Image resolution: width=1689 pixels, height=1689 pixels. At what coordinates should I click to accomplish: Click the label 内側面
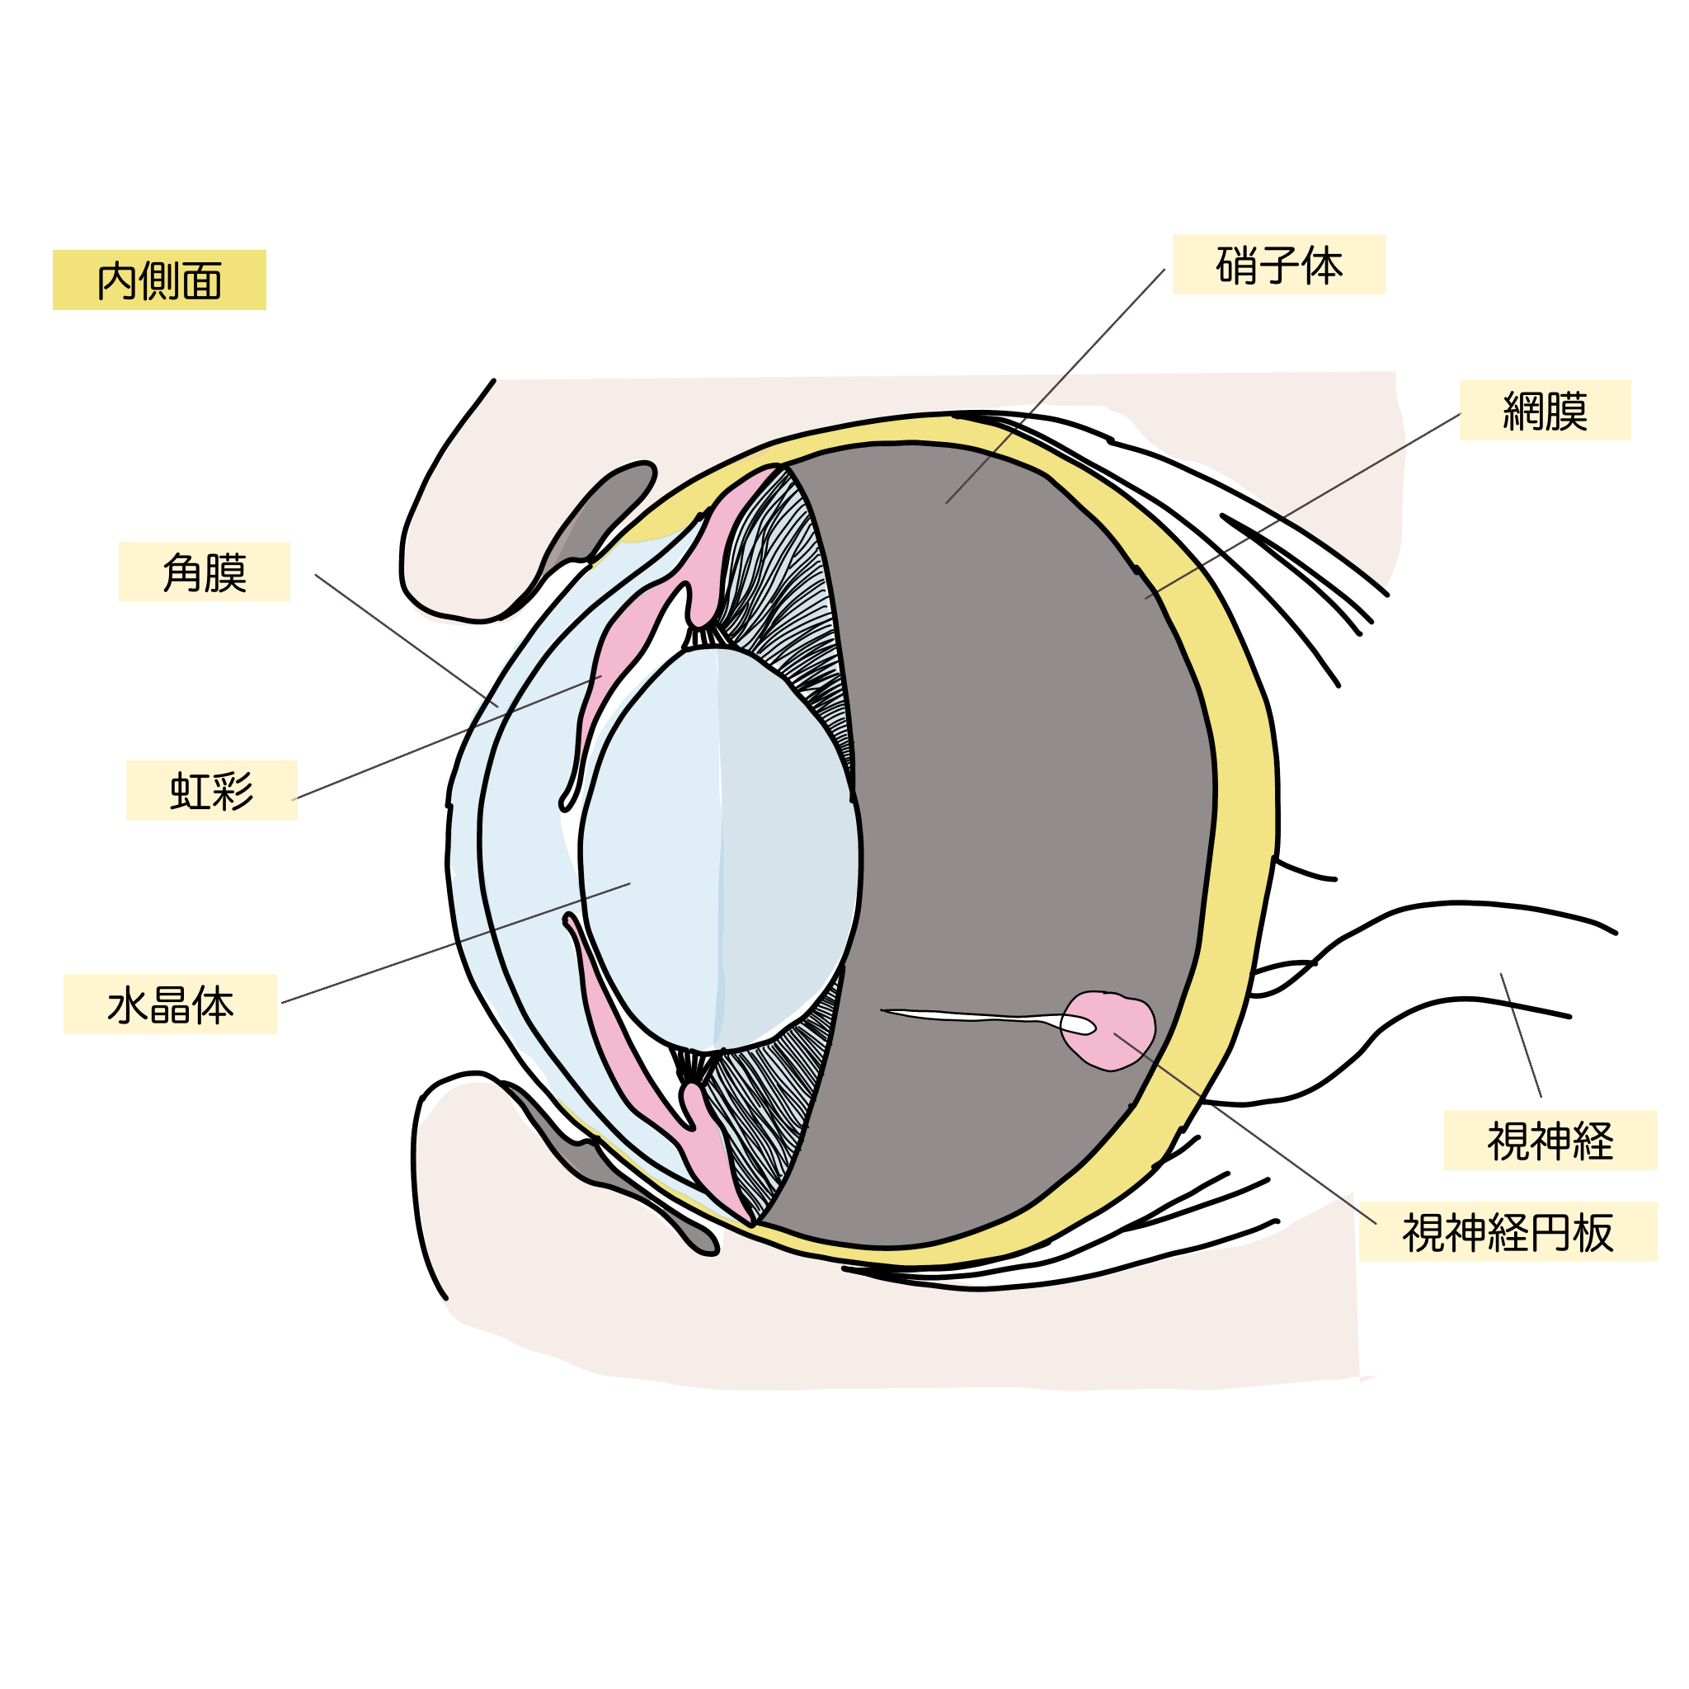[x=159, y=281]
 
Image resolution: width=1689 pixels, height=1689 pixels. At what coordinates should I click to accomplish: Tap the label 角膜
[x=205, y=573]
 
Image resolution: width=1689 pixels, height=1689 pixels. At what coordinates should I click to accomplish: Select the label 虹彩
[x=212, y=791]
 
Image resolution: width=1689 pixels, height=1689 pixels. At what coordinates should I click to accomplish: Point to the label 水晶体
[x=171, y=1005]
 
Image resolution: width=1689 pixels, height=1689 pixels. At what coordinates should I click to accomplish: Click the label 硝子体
[x=1279, y=266]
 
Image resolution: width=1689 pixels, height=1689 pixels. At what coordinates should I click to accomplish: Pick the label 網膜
[x=1545, y=411]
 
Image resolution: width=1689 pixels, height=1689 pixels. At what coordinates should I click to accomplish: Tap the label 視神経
[x=1550, y=1141]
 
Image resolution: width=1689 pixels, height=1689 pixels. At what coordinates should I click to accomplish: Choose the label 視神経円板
[x=1508, y=1234]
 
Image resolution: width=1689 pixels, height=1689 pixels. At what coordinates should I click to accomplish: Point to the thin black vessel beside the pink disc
[x=962, y=1015]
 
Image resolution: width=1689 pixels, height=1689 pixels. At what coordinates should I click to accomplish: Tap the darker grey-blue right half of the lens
[x=787, y=840]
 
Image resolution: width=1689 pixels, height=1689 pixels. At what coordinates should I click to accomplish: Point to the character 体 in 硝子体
[x=1322, y=266]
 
